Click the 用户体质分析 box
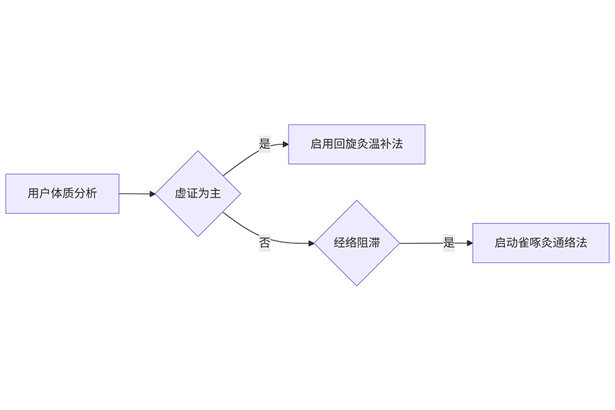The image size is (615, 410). point(62,193)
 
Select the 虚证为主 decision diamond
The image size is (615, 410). point(198,193)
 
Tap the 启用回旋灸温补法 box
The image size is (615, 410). point(356,144)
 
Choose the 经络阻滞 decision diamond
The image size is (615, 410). point(357,243)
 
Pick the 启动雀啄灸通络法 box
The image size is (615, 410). point(541,243)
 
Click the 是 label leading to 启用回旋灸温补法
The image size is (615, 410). point(264,144)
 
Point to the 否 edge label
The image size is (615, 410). point(264,242)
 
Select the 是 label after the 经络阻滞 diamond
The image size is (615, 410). point(448,243)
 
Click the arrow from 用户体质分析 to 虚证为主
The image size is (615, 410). point(137,193)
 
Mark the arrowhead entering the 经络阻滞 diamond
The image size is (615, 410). point(310,243)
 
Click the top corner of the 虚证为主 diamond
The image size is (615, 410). point(198,152)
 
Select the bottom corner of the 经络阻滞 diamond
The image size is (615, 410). point(357,285)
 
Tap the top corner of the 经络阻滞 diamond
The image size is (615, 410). point(357,201)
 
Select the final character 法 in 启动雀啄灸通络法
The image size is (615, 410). point(582,243)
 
